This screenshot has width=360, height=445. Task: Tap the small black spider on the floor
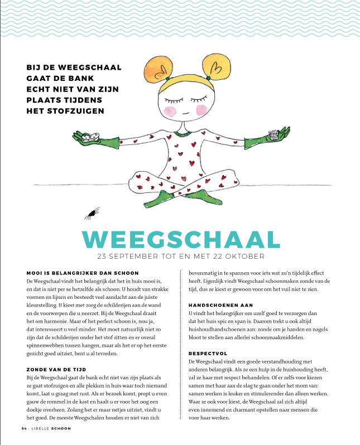(x=91, y=212)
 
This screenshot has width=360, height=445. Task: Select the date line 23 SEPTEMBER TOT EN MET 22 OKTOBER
(x=180, y=257)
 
